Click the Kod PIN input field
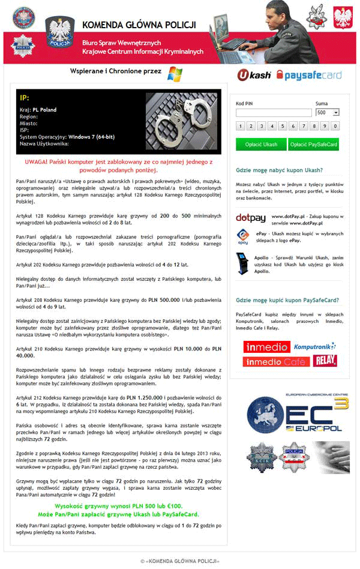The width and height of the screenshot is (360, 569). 274,112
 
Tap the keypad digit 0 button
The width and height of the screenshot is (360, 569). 335,126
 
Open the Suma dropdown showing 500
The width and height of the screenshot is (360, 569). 328,112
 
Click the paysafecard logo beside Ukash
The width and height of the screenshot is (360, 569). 308,75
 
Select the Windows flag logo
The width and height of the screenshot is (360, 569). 175,74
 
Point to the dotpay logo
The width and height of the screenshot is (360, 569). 251,217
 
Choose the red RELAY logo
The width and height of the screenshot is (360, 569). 325,361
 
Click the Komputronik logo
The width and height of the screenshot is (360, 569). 314,346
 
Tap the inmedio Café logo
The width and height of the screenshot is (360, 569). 276,361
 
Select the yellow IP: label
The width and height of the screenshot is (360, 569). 25,98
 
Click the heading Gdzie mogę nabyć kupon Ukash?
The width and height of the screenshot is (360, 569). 280,170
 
